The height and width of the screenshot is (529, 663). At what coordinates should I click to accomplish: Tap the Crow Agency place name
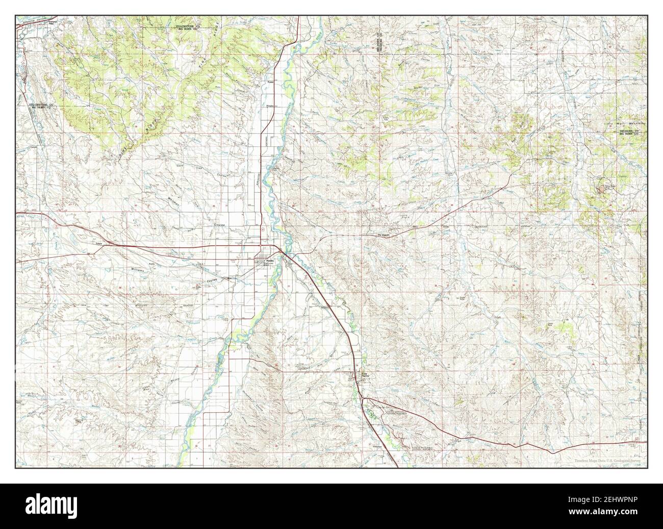[364, 374]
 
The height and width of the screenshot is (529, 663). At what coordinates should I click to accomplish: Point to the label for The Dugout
[383, 235]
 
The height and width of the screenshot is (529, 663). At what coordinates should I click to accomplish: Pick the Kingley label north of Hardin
[271, 106]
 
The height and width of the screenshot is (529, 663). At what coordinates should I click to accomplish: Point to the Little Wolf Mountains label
[625, 123]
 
